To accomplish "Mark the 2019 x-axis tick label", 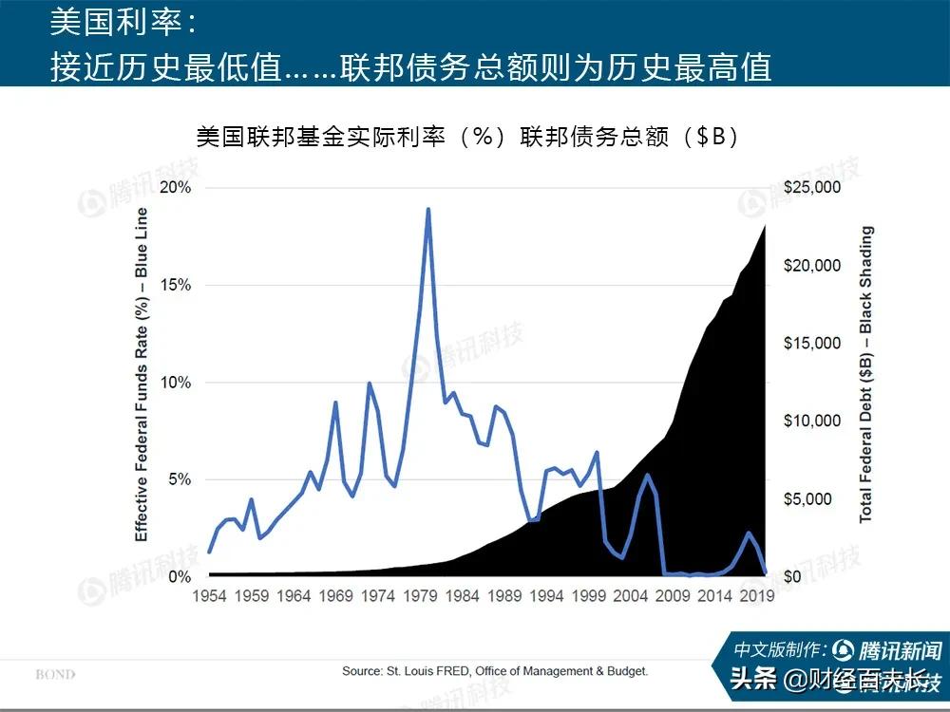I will click(758, 597).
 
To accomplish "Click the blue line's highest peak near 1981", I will click(427, 209).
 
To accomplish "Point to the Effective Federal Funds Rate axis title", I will click(142, 374).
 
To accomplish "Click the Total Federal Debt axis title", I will click(865, 374).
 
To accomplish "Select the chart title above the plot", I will click(467, 137).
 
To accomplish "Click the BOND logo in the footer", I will click(55, 675).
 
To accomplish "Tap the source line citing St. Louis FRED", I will click(495, 671).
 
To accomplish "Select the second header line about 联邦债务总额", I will click(410, 66).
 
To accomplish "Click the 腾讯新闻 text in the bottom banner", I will click(899, 650).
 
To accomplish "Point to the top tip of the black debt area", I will click(766, 224).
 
